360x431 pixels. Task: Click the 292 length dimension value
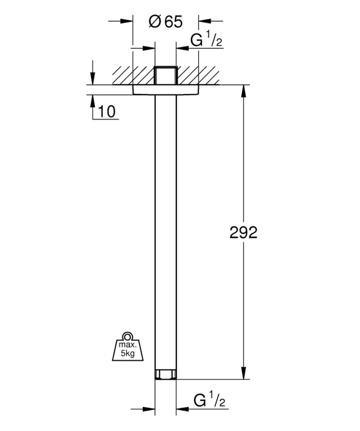[243, 233]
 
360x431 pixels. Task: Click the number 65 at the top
[173, 22]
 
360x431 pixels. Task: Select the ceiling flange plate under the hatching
[166, 90]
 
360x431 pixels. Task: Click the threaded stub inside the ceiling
[166, 76]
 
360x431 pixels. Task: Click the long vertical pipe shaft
[166, 231]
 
